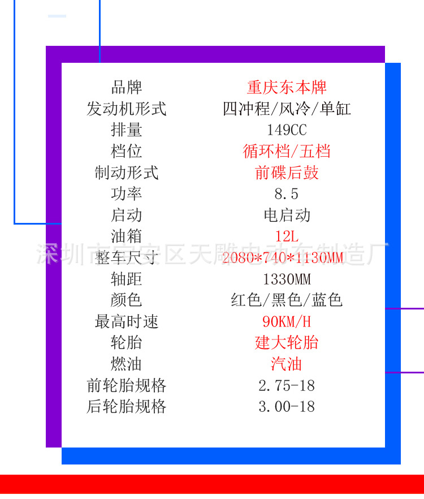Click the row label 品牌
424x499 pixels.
point(127,88)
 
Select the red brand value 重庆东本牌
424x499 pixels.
point(287,88)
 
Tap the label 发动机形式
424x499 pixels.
point(127,109)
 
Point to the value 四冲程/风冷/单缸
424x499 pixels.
point(287,109)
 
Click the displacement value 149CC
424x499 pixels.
point(287,130)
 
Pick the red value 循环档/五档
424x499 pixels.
point(287,151)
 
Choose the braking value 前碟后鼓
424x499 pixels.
point(287,173)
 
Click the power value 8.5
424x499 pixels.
point(287,194)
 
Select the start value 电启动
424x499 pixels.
point(287,215)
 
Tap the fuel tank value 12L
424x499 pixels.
point(287,236)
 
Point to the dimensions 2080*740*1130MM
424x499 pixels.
point(283,259)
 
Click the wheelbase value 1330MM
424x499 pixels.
point(287,279)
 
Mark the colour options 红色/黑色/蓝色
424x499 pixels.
point(287,300)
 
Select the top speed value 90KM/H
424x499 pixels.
point(287,322)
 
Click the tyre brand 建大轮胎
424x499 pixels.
point(287,343)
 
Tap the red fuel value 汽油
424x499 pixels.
point(287,364)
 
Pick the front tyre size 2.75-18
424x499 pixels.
point(287,386)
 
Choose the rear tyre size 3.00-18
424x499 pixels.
point(287,406)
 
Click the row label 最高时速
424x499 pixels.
point(127,322)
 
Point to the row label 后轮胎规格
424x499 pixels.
point(127,406)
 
